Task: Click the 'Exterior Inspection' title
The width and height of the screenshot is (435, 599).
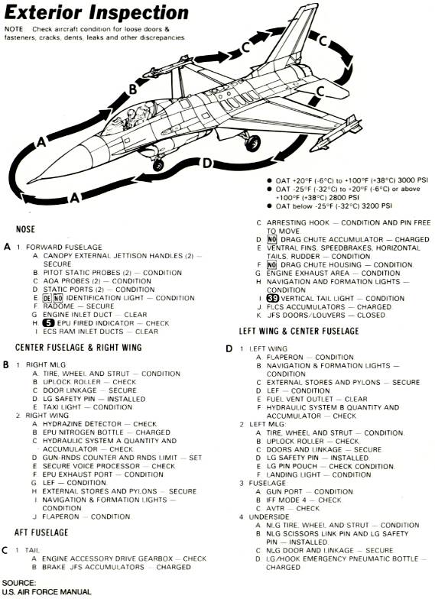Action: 96,13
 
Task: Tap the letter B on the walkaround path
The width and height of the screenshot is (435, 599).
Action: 132,89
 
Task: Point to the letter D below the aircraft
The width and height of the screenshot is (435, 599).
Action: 206,164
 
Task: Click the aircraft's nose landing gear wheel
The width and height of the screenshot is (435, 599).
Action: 157,165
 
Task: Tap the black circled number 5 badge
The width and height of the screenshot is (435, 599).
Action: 49,323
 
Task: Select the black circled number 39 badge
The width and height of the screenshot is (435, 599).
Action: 272,298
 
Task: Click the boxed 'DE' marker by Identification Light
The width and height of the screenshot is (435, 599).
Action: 47,298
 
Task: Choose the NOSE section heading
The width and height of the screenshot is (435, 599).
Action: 25,229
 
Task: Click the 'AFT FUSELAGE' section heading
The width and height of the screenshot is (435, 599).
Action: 41,533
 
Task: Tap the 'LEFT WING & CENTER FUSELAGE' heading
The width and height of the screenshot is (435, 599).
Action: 299,331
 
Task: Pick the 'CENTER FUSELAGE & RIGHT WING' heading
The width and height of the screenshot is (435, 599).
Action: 78,347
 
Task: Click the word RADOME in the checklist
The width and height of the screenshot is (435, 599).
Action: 58,306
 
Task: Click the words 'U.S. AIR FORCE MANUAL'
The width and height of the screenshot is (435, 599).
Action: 47,591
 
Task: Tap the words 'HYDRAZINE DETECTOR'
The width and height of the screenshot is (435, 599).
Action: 82,424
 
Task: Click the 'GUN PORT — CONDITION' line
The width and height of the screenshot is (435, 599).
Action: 310,492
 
